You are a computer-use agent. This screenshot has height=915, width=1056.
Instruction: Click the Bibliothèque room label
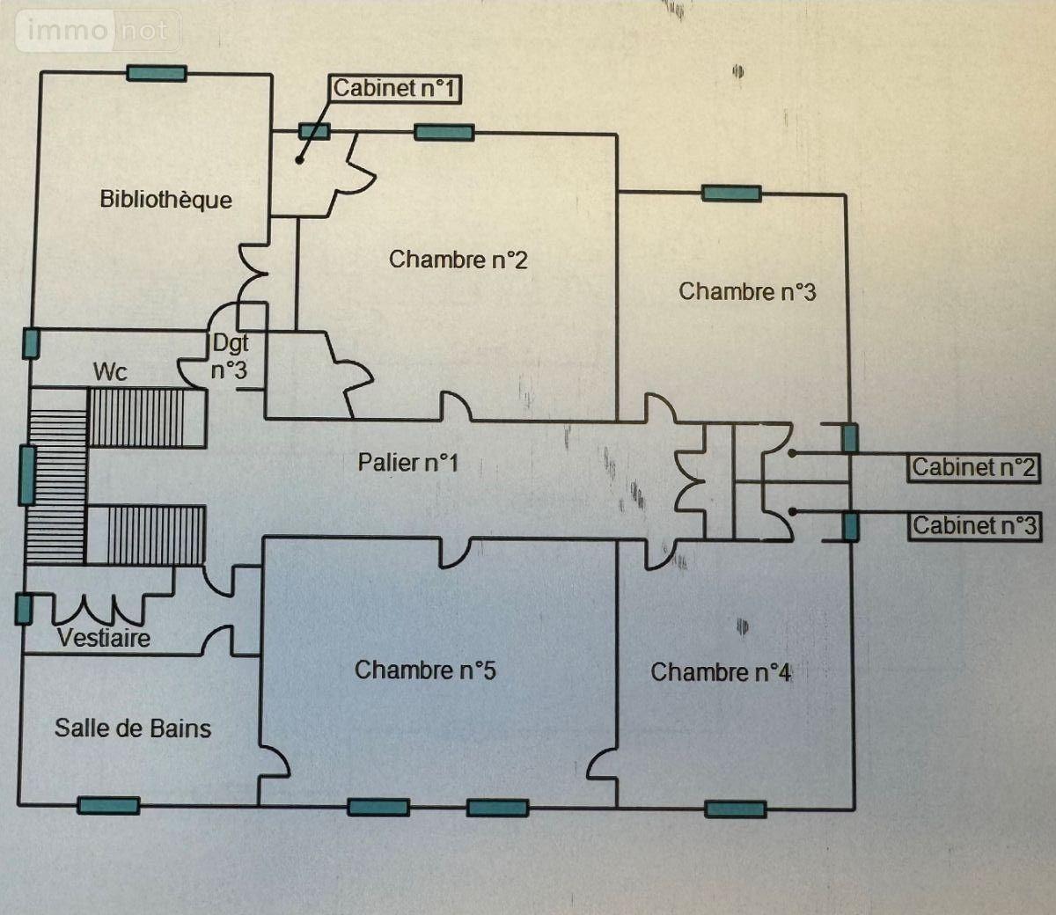pos(165,199)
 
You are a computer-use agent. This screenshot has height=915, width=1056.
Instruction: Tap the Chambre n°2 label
pos(458,260)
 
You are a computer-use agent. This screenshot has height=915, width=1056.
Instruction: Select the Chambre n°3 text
pos(747,291)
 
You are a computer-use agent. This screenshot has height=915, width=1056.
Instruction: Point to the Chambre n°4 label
pos(721,672)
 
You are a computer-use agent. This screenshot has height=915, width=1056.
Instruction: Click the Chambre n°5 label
pos(425,670)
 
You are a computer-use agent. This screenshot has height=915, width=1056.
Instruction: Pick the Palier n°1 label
pos(407,462)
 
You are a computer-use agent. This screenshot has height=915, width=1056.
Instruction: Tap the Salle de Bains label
pos(133,728)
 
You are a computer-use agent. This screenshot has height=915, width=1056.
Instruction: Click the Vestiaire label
pos(104,637)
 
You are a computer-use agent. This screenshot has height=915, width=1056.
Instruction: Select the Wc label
pos(110,371)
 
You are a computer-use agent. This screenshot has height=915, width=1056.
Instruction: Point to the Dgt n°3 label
pos(229,356)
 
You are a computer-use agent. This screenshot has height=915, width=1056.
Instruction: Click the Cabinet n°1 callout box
pos(395,88)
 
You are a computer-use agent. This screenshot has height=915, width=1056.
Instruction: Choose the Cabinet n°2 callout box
pos(973,467)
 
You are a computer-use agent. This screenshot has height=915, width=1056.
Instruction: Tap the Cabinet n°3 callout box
pos(974,525)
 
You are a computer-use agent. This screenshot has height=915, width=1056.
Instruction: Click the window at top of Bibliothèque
pos(156,73)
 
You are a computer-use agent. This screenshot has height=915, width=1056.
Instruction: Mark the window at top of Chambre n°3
pos(731,194)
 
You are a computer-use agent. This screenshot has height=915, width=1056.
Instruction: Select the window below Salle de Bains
pos(108,804)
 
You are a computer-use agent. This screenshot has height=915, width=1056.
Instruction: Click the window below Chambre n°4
pos(736,809)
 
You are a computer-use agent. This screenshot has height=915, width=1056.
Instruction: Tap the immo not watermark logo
pos(97,31)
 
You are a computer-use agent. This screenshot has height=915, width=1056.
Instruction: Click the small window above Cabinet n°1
pos(314,131)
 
